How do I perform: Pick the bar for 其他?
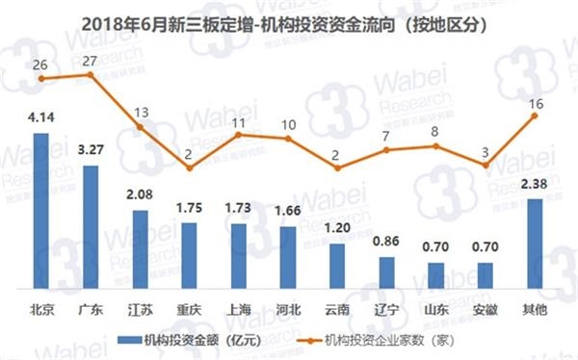535,244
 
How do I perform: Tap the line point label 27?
91,62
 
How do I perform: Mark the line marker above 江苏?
140,127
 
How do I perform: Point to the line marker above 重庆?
189,167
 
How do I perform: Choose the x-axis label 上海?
238,311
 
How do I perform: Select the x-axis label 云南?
337,311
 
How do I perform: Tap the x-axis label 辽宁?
386,311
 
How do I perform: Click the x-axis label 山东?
436,311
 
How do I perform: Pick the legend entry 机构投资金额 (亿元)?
185,339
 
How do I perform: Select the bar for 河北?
288,258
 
